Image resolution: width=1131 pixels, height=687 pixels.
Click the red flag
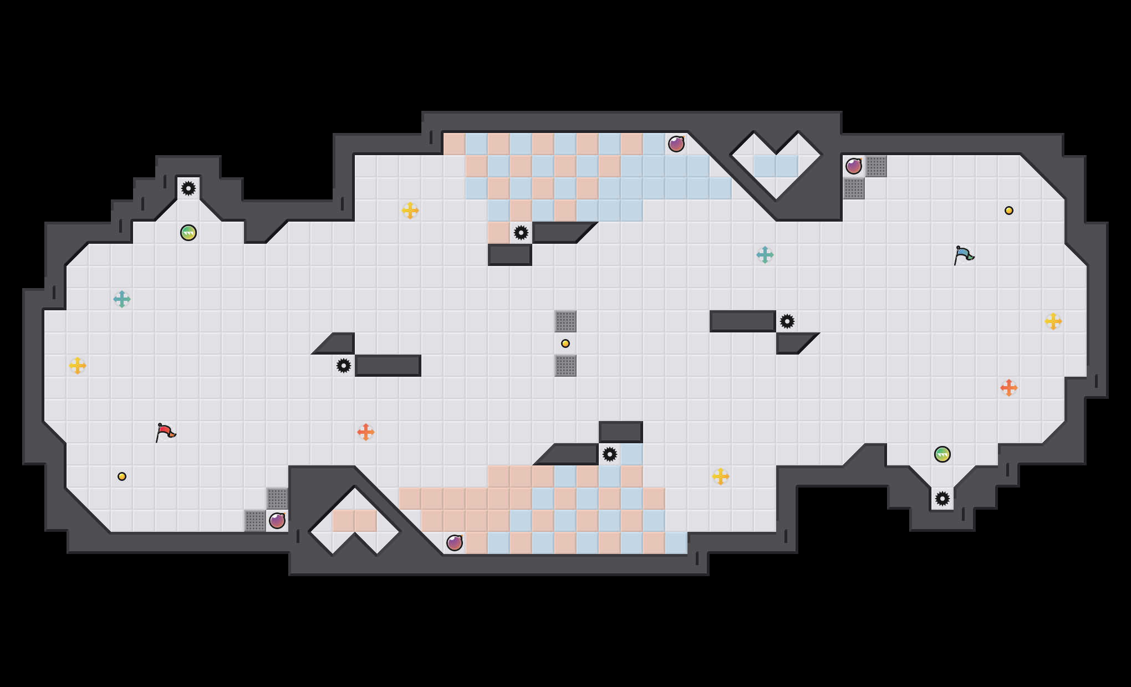165,432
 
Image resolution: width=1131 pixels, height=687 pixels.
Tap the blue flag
964,255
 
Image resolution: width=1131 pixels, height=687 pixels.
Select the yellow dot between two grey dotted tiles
565,343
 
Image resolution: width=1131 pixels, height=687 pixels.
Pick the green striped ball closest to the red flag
188,233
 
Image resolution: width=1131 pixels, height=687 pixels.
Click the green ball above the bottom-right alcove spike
942,454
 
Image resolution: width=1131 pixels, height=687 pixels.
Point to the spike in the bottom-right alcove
942,499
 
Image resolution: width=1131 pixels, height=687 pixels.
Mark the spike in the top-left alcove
188,188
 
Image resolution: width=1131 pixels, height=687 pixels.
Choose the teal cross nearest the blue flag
765,255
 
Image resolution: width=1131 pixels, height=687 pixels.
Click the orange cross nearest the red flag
366,432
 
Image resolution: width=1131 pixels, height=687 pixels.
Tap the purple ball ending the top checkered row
676,144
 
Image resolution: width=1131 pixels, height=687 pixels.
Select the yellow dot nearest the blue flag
1009,211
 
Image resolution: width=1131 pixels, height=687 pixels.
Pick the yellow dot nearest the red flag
122,476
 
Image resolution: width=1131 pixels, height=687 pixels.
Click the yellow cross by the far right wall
1053,321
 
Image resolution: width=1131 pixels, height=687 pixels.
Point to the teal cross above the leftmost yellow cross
122,299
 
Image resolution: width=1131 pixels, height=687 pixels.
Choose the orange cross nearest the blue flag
1009,388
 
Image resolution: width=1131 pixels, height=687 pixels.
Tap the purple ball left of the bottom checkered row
455,543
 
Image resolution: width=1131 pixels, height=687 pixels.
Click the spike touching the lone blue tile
610,454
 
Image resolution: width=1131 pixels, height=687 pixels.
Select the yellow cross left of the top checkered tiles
410,211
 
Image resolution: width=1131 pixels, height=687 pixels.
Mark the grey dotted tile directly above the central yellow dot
565,321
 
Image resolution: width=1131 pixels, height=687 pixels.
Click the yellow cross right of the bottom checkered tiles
721,476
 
